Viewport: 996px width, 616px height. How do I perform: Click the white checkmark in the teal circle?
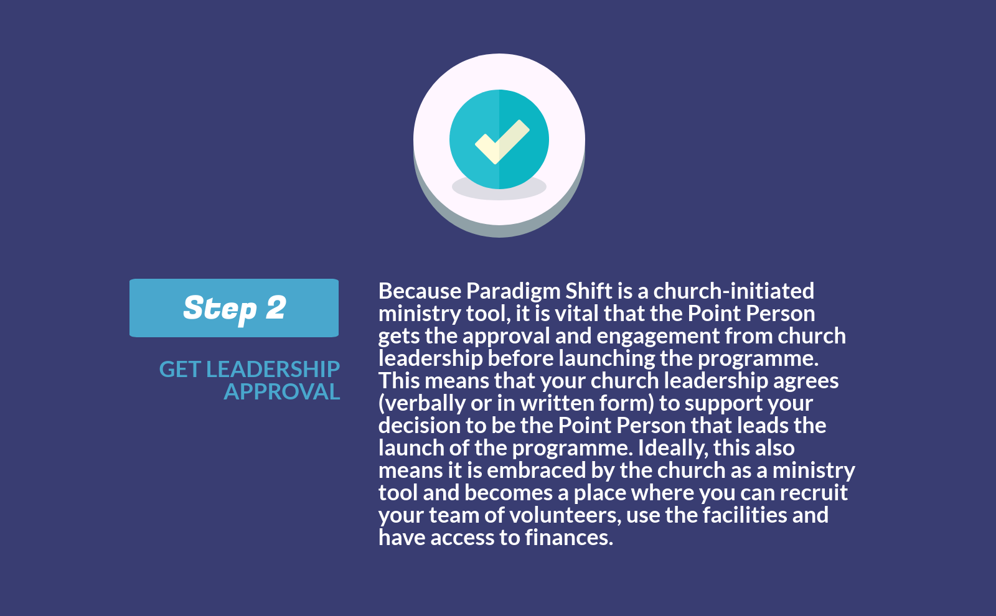click(502, 141)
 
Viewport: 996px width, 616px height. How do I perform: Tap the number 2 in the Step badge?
click(276, 308)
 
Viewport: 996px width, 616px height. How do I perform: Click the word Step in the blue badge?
click(220, 309)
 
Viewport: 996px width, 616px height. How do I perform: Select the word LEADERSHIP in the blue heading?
click(273, 370)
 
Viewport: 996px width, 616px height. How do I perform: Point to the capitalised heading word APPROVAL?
click(282, 392)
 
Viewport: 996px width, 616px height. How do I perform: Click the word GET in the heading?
click(179, 370)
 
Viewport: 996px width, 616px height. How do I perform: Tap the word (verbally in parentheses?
click(421, 403)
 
